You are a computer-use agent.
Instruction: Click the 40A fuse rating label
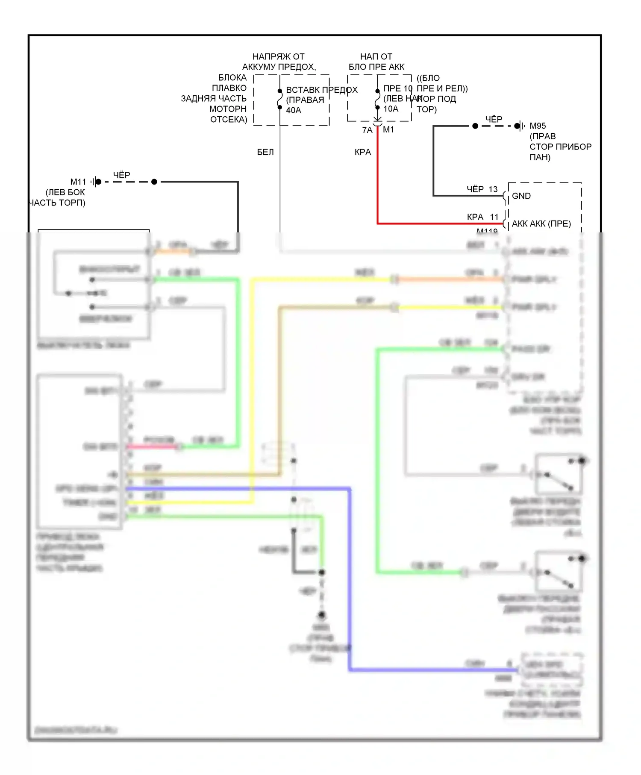pos(294,110)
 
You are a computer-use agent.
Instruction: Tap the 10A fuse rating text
pos(391,109)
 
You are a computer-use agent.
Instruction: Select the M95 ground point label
pos(538,126)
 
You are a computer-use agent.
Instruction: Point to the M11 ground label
pos(78,182)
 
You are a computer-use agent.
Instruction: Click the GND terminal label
pos(521,196)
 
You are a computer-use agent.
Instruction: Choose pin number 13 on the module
pos(493,189)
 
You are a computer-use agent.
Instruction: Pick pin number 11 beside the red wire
pos(494,217)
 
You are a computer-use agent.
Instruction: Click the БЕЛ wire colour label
pos(265,152)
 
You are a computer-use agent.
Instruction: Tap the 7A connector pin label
pos(367,130)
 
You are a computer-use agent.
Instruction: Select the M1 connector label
pos(388,130)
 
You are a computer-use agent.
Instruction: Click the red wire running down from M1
pos(378,179)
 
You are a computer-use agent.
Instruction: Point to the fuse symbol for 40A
pos(280,99)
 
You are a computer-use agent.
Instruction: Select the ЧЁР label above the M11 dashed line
pos(121,175)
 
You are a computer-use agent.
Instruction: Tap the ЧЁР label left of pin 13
pos(475,189)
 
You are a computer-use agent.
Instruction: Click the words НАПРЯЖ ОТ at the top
pos(278,57)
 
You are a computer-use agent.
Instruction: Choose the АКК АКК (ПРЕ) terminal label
pos(541,224)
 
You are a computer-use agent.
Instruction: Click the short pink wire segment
pos(152,447)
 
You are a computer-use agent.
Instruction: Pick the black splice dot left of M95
pos(475,126)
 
